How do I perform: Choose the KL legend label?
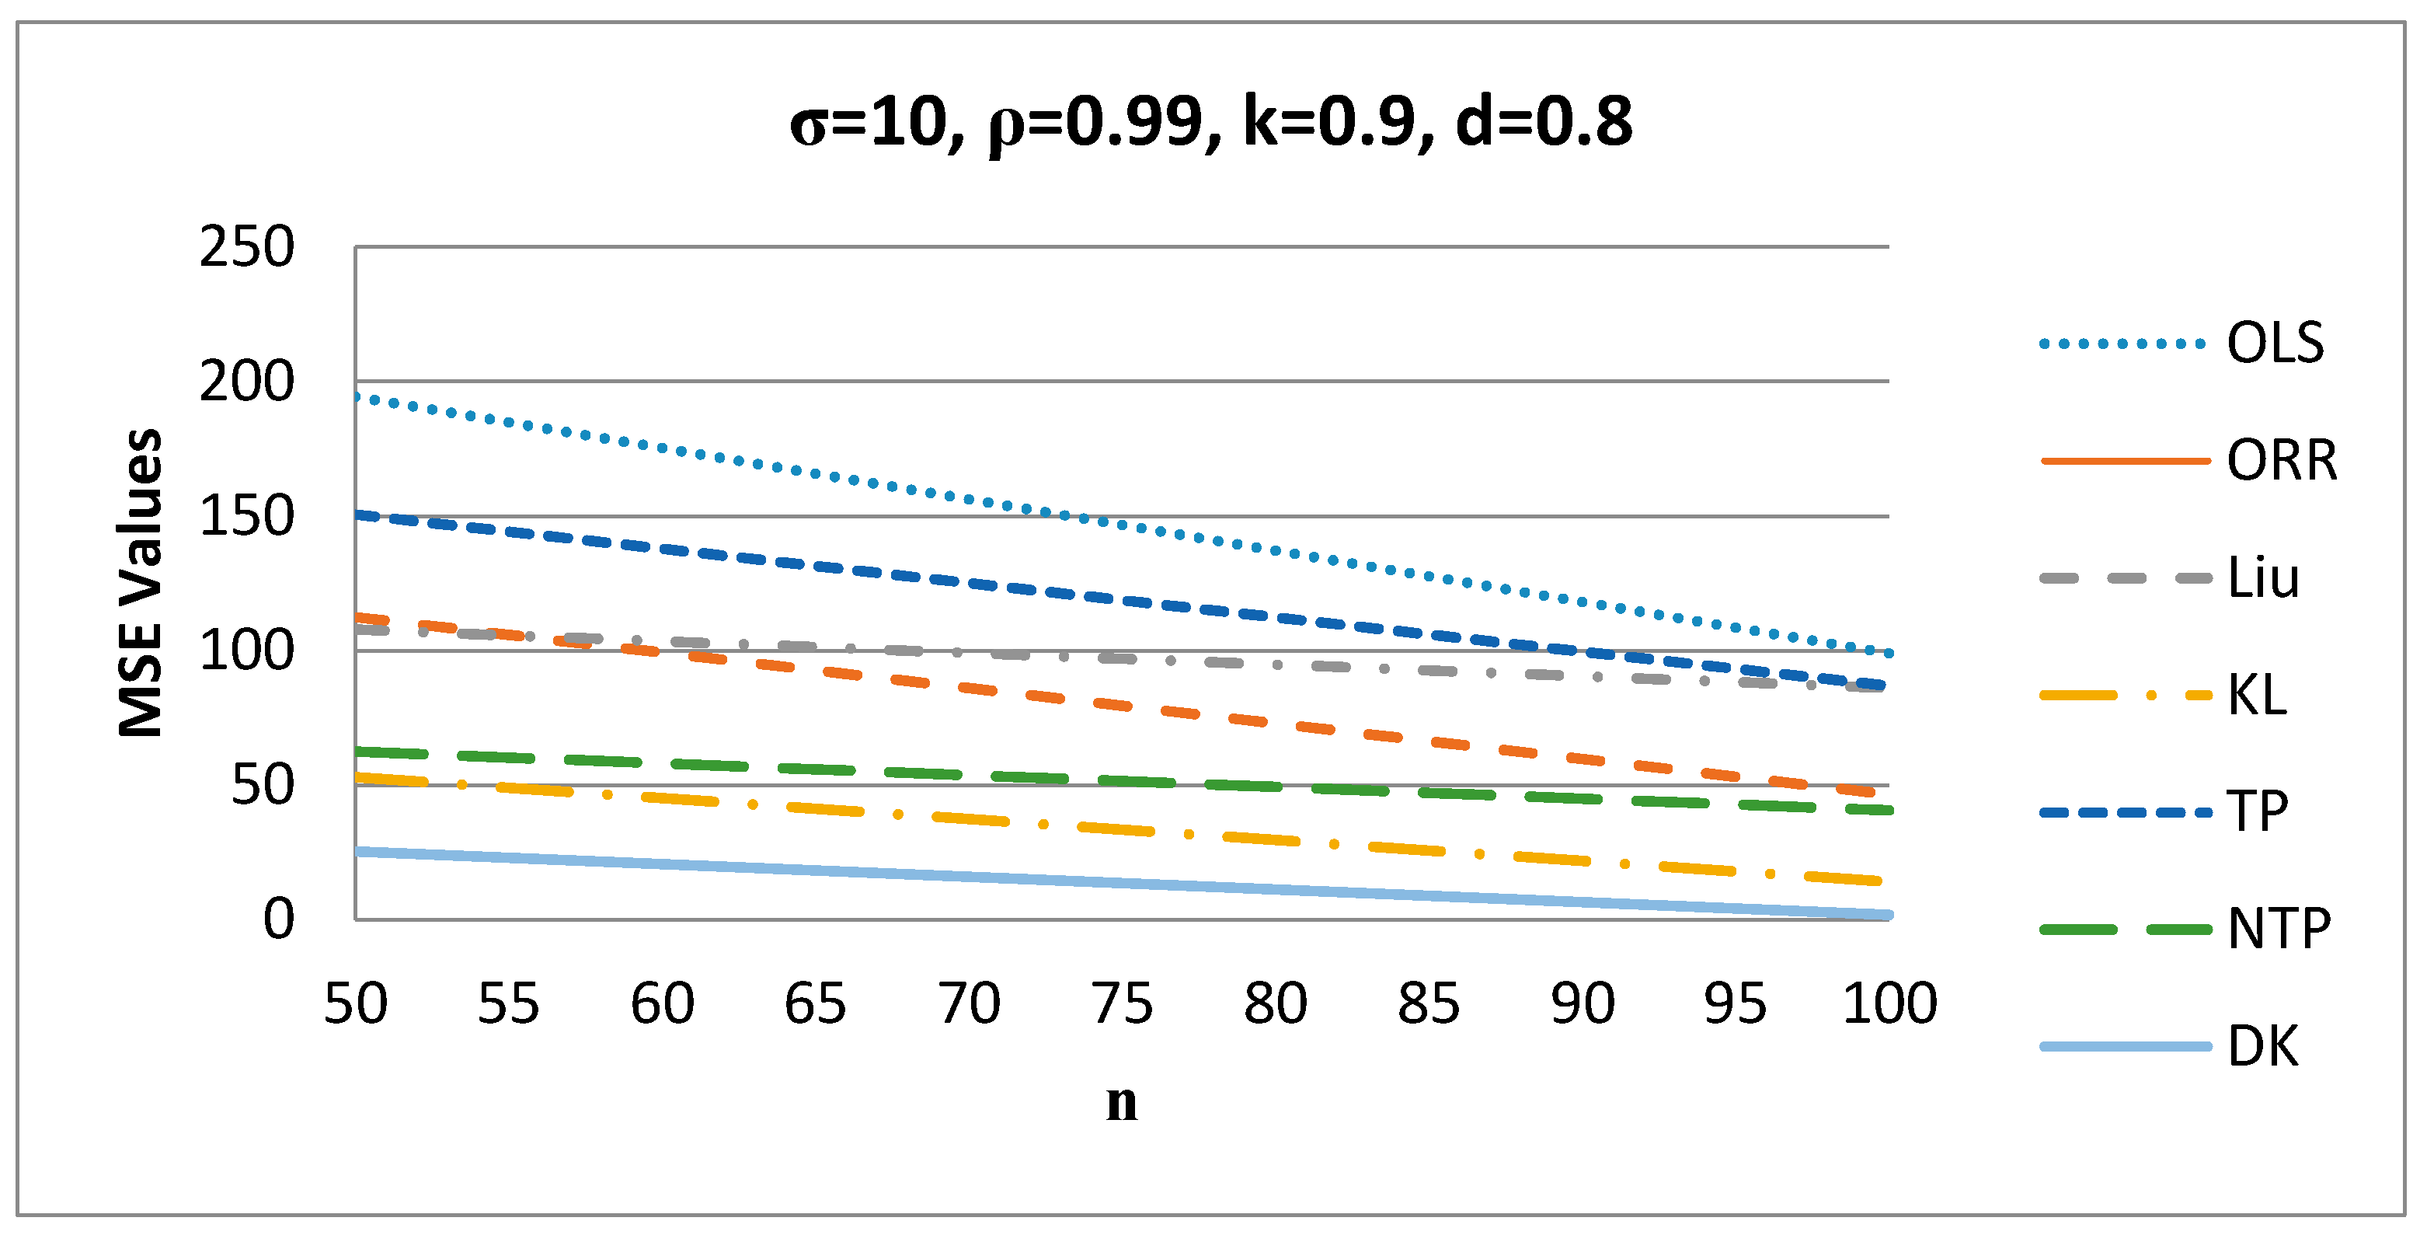pos(2257,696)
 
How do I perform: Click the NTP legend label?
pos(2278,929)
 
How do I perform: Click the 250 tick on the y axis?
pos(246,247)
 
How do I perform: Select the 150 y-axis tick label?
pos(246,516)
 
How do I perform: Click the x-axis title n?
pos(1122,1101)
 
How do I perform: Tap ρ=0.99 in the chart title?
pos(1095,122)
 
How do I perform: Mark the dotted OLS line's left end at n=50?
pos(357,396)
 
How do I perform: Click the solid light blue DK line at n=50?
pos(357,850)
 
